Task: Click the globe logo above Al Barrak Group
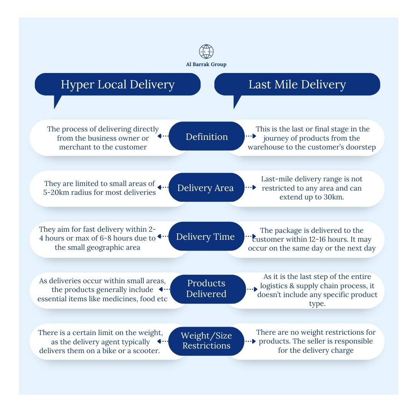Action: tap(206, 51)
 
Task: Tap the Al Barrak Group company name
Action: tap(206, 65)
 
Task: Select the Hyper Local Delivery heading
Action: tap(118, 85)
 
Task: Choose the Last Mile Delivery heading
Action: tap(297, 85)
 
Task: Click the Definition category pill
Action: tap(207, 137)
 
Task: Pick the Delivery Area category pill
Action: tap(206, 188)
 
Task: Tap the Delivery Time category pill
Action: tap(206, 237)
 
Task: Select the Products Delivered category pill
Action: tap(206, 289)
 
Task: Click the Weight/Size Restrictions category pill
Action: tap(206, 340)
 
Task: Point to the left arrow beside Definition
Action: tap(163, 136)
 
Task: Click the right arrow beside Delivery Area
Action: tap(251, 188)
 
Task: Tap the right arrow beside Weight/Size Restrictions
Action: tap(251, 341)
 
